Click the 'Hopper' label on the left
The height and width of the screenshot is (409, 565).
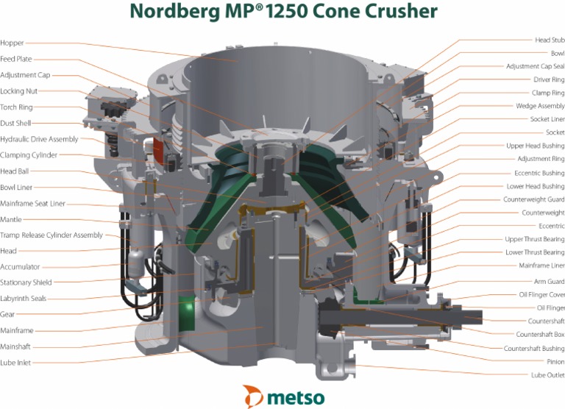(12, 43)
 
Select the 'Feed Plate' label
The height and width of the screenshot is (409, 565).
(16, 59)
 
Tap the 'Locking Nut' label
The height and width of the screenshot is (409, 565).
(19, 91)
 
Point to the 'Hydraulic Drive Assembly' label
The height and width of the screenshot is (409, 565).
(39, 139)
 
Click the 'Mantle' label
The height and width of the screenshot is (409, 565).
(11, 219)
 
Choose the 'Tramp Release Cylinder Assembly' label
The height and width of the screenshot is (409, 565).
(51, 235)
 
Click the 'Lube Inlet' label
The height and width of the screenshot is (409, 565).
(16, 363)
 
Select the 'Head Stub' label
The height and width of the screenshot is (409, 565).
(549, 40)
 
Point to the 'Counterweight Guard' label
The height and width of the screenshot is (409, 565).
(533, 199)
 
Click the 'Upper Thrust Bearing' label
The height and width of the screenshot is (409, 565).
(535, 239)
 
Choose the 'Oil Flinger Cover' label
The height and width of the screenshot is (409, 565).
(541, 294)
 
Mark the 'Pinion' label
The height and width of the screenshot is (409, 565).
(555, 361)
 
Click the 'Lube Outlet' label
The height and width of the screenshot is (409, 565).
(548, 374)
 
